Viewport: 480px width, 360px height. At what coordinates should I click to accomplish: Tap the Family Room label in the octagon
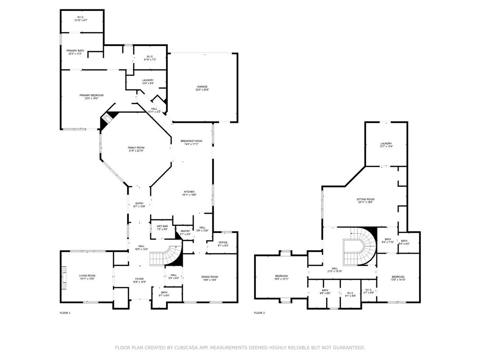136,149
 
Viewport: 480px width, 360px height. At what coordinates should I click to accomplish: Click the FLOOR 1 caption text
65,313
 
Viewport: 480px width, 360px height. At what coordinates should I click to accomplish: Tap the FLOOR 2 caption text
259,313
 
